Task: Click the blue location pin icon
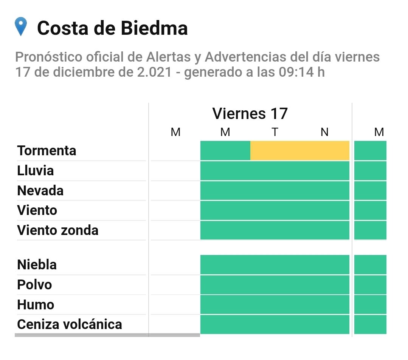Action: point(20,26)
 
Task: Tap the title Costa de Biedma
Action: point(112,28)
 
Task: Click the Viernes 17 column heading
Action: point(250,113)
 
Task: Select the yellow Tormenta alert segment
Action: point(299,150)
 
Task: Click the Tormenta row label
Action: point(47,151)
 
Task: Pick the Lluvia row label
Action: point(36,171)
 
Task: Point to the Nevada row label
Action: point(40,190)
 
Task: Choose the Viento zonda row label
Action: point(58,230)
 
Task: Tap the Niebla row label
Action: point(37,264)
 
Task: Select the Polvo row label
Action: point(35,284)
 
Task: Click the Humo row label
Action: point(36,304)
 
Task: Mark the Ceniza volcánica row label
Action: point(70,324)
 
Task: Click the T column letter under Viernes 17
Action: point(275,132)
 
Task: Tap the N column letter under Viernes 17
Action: point(324,132)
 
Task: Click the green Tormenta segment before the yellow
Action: point(225,150)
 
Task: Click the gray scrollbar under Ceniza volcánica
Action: point(107,335)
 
